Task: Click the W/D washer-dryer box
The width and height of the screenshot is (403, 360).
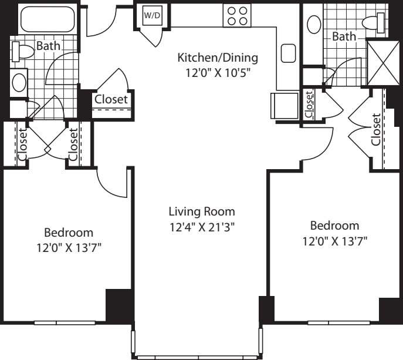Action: pos(153,15)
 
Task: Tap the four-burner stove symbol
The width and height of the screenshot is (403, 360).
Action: pos(237,15)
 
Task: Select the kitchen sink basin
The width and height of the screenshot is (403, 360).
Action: pos(288,53)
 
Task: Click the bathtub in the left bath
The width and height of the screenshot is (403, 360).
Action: pos(48,19)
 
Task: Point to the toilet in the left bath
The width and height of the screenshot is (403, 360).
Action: pos(23,52)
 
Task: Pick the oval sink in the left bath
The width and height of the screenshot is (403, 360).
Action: pos(19,83)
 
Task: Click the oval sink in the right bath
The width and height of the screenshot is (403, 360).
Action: pos(314,25)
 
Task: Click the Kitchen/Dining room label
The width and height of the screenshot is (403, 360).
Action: pos(218,58)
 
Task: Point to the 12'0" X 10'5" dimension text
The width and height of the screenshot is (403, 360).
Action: pos(218,73)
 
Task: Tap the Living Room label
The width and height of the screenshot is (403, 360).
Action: pos(202,212)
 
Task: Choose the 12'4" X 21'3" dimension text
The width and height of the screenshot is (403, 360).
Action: pos(202,227)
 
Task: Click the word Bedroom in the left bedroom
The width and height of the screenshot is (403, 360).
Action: pos(69,233)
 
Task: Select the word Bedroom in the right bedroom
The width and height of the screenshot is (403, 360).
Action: pos(334,226)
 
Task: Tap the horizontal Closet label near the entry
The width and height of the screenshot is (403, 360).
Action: pos(111,99)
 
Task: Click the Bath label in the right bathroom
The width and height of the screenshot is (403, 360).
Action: pos(344,36)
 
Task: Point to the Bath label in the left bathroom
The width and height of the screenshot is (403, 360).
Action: pos(48,46)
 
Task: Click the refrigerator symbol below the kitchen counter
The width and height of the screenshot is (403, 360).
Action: pos(285,106)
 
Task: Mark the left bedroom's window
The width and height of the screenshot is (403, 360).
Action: pos(65,322)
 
